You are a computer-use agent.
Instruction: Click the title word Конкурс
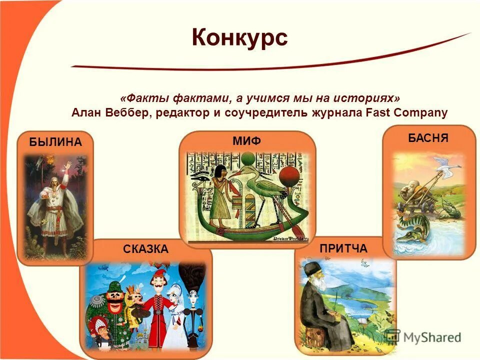coord(239,37)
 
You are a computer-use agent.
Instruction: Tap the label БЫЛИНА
coord(55,141)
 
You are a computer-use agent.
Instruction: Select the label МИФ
coord(246,141)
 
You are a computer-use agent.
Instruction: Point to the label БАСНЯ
coord(428,138)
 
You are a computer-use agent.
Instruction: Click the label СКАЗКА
coord(146,248)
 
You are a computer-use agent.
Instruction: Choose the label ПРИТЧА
coord(343,248)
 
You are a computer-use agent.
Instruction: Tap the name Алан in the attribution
coord(87,112)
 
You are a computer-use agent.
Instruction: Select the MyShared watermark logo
coord(423,337)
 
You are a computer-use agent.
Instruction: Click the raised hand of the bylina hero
coord(67,164)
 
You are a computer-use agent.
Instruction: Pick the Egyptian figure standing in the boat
coord(220,192)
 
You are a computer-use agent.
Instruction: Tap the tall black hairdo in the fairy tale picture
coord(192,280)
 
